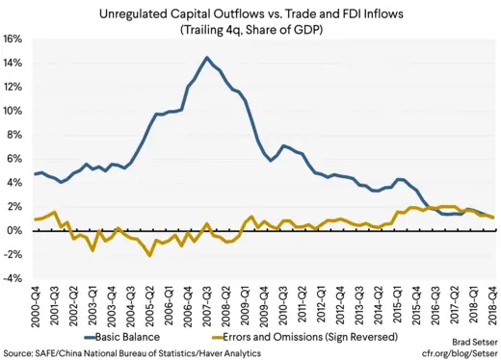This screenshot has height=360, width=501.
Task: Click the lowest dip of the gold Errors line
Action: pos(149,256)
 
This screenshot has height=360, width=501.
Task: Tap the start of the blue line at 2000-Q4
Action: pos(36,174)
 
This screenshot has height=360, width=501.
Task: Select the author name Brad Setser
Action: pos(470,342)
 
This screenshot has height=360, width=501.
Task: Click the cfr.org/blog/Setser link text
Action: pos(459,352)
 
